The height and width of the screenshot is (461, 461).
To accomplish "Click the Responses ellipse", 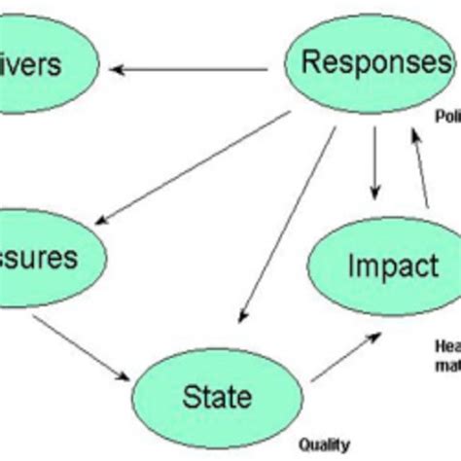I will click(368, 64).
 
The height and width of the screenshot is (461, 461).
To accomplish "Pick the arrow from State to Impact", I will click(344, 354).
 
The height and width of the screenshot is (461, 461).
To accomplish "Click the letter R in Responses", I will click(310, 63).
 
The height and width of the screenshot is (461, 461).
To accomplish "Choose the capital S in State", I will click(189, 396).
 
